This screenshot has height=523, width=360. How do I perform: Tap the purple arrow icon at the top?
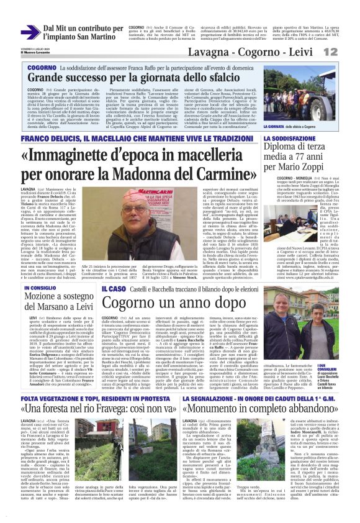[x=29, y=32]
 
